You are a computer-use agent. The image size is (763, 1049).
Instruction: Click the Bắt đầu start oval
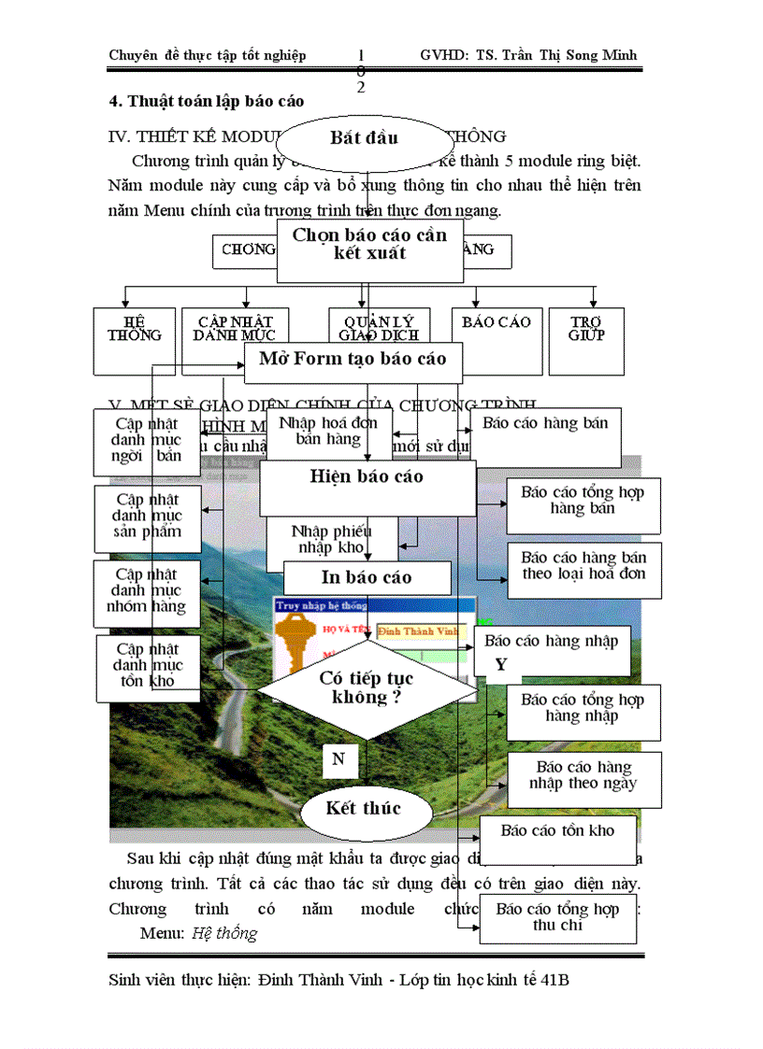(365, 138)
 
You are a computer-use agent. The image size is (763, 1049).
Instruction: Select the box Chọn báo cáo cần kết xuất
(370, 245)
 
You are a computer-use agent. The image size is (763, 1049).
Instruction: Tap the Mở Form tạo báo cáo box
(353, 360)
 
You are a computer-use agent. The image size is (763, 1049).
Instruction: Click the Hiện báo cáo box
(367, 478)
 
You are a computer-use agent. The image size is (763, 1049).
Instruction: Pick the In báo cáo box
(367, 578)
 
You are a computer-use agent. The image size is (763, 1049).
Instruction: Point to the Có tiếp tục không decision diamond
(367, 688)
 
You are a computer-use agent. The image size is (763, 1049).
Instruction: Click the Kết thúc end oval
(364, 809)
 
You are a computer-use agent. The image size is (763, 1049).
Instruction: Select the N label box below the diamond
(339, 758)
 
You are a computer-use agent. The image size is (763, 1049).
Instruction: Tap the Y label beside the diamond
(501, 664)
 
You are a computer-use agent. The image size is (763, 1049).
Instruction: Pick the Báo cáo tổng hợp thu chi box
(558, 918)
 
